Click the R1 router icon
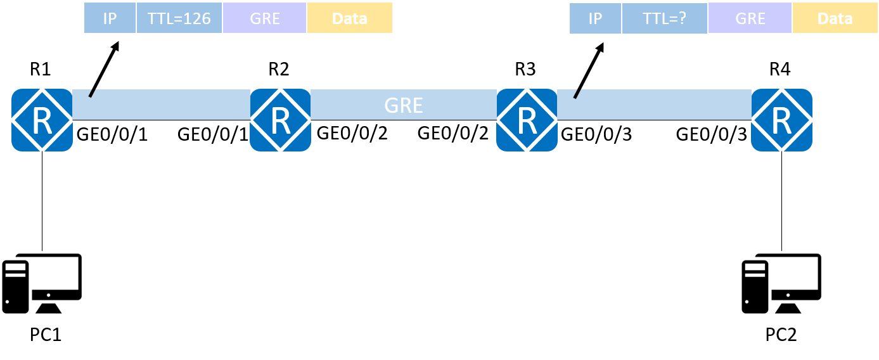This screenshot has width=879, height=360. [x=42, y=120]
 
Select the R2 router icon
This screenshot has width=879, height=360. [x=280, y=120]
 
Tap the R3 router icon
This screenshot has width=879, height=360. [x=527, y=120]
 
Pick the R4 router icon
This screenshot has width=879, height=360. [x=781, y=120]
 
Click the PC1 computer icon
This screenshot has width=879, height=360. [x=42, y=283]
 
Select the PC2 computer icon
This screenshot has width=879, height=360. [x=781, y=283]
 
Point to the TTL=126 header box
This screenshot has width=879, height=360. [x=179, y=18]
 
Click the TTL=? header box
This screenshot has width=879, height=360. [x=664, y=18]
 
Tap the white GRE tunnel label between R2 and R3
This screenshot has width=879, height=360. [x=404, y=105]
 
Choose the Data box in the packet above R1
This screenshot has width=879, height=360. [x=350, y=18]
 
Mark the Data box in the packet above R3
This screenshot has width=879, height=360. [x=835, y=18]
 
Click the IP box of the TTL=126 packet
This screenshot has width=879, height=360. [x=110, y=18]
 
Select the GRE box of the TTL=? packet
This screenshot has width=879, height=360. [x=750, y=18]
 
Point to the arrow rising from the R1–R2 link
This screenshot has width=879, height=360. [x=104, y=69]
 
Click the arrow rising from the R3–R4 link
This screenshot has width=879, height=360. [x=589, y=70]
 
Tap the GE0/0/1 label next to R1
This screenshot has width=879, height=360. [x=112, y=134]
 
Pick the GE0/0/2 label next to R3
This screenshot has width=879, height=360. [x=453, y=133]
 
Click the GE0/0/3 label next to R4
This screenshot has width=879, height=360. [x=711, y=134]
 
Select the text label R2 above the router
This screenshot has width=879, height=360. [x=279, y=69]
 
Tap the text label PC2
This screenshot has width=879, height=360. [x=781, y=335]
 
